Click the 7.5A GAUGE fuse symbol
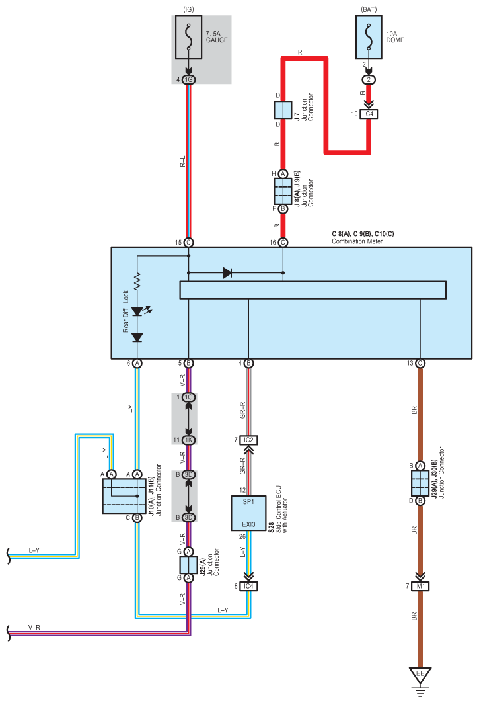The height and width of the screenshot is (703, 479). pos(189,37)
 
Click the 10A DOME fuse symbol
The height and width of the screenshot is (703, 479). pos(369,37)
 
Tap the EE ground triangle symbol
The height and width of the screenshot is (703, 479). pos(420,675)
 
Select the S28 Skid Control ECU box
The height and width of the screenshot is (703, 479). pos(248,513)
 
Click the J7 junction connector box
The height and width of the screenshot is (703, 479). pos(283,110)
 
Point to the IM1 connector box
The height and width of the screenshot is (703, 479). pos(420,586)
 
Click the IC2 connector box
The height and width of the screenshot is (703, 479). pos(248,440)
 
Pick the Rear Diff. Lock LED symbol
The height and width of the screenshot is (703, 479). pos(137,311)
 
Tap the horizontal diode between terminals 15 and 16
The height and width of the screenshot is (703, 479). pos(227,272)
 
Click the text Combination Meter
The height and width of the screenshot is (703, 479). pos(357,241)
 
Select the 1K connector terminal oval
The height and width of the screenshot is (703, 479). pos(189,440)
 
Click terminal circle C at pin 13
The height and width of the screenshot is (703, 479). pos(420,363)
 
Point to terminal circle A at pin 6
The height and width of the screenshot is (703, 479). pos(137,363)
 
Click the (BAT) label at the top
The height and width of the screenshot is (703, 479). pos(369,9)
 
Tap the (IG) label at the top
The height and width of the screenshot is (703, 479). pos(189,9)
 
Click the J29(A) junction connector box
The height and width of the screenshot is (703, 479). pos(189,565)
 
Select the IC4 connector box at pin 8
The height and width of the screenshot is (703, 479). pos(248,586)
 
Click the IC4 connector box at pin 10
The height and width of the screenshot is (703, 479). pos(369,114)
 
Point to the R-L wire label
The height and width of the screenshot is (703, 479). pos(183,161)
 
